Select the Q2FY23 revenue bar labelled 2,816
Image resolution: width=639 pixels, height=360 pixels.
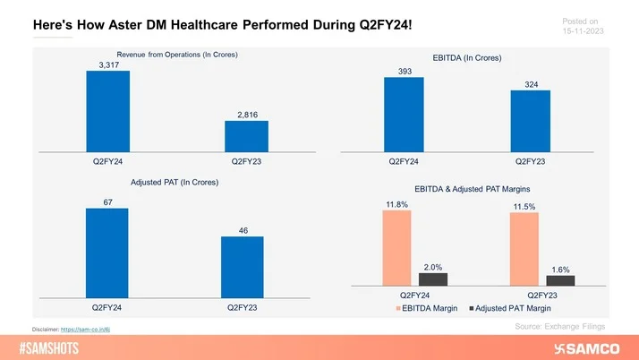click(246, 136)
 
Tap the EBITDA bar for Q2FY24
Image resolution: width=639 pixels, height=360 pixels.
click(404, 115)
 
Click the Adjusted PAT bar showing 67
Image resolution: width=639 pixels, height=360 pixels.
click(107, 253)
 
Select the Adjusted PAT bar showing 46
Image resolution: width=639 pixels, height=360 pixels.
click(242, 266)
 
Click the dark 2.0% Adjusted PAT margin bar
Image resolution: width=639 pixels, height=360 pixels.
click(432, 279)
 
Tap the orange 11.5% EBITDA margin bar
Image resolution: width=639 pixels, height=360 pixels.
click(524, 249)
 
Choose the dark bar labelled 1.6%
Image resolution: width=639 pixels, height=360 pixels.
click(559, 280)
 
